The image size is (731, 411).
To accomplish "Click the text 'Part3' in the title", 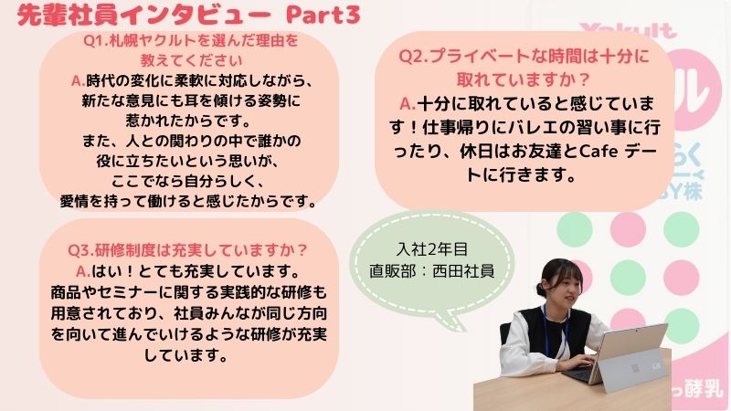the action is (x=323, y=15).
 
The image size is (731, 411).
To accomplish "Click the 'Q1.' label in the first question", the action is (x=96, y=40).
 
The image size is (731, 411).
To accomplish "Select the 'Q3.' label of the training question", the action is (x=81, y=250).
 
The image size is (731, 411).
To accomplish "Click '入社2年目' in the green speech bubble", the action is (x=431, y=249).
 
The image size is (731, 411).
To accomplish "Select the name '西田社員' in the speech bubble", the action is (x=463, y=270).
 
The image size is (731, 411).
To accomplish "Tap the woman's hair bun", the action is (x=541, y=290).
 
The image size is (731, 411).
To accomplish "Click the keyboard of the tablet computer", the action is (x=578, y=372).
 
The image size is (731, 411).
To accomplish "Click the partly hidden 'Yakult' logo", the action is (x=628, y=30).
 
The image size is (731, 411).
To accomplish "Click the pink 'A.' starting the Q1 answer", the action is (x=78, y=81).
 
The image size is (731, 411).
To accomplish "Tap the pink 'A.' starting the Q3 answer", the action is (x=83, y=271).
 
